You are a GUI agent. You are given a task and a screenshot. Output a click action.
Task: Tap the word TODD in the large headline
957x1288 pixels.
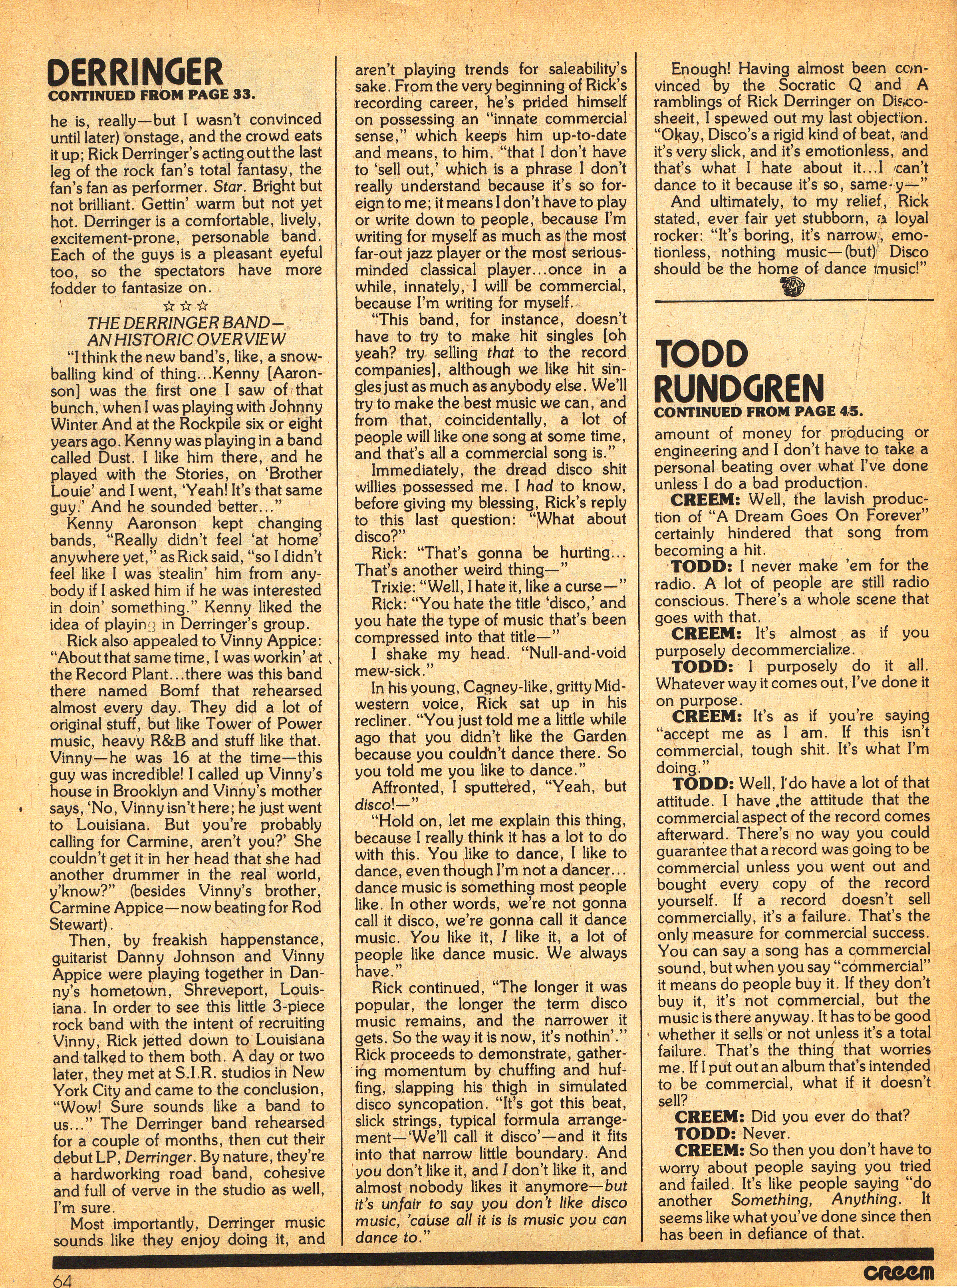coord(693,353)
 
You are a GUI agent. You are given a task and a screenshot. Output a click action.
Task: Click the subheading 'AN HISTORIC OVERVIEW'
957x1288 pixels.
coord(186,340)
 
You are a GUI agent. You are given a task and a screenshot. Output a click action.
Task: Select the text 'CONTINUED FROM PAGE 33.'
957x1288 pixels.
coord(152,95)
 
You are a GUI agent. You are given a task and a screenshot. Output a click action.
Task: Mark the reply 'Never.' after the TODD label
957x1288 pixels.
coord(765,1133)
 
